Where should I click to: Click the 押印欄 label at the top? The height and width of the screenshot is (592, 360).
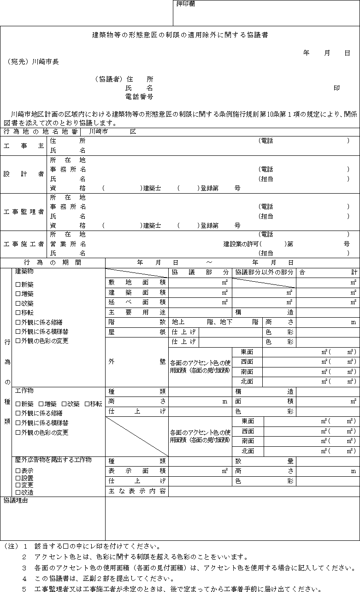pyautogui.click(x=186, y=4)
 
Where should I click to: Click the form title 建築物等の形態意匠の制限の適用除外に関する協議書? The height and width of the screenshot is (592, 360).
pyautogui.click(x=180, y=35)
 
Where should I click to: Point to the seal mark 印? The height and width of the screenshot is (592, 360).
pyautogui.click(x=336, y=88)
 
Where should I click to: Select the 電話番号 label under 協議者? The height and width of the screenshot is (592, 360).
pyautogui.click(x=139, y=97)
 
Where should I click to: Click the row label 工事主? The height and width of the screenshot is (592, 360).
pyautogui.click(x=24, y=146)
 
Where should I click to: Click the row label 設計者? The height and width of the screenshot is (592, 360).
pyautogui.click(x=24, y=174)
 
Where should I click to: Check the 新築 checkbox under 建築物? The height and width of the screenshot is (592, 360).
pyautogui.click(x=18, y=284)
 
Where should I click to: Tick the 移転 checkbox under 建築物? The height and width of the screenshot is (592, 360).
pyautogui.click(x=18, y=313)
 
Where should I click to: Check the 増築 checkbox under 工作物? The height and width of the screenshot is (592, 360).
pyautogui.click(x=41, y=404)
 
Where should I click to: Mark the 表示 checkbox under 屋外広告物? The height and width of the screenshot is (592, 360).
pyautogui.click(x=18, y=471)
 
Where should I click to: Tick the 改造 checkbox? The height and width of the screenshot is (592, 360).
pyautogui.click(x=18, y=492)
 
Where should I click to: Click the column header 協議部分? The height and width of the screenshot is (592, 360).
pyautogui.click(x=200, y=272)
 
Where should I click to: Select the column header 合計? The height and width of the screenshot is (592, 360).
pyautogui.click(x=328, y=272)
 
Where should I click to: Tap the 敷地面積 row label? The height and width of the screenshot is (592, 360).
pyautogui.click(x=137, y=282)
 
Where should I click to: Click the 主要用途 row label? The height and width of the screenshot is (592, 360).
pyautogui.click(x=137, y=312)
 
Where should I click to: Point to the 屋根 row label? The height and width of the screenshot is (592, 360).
pyautogui.click(x=137, y=332)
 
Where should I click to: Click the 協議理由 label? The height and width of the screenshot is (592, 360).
pyautogui.click(x=16, y=500)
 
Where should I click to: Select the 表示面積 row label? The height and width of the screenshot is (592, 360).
pyautogui.click(x=137, y=471)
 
